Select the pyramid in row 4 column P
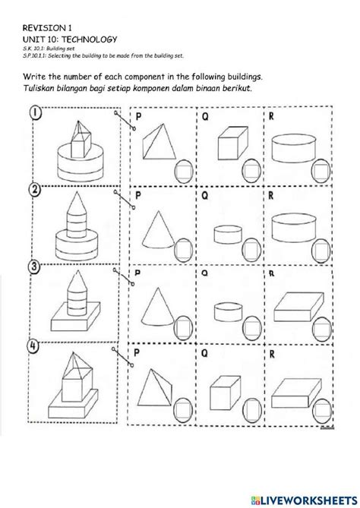click(159, 380)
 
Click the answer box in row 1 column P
click(182, 169)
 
